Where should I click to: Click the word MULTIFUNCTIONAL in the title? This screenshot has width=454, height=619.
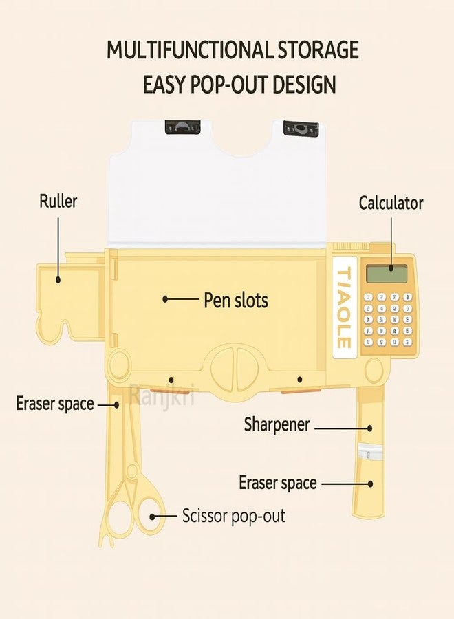pyautogui.click(x=190, y=50)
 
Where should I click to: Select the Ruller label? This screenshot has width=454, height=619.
pyautogui.click(x=58, y=201)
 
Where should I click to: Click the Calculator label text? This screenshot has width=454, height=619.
pyautogui.click(x=391, y=203)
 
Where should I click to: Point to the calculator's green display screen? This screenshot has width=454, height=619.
pyautogui.click(x=387, y=274)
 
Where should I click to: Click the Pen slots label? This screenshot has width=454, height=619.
pyautogui.click(x=236, y=300)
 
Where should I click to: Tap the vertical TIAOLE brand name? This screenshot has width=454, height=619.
pyautogui.click(x=343, y=307)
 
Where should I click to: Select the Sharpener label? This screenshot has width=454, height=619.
pyautogui.click(x=277, y=425)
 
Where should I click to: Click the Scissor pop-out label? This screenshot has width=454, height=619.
pyautogui.click(x=234, y=516)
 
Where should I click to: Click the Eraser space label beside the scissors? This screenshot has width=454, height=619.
pyautogui.click(x=55, y=404)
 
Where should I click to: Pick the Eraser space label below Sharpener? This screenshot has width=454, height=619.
pyautogui.click(x=278, y=483)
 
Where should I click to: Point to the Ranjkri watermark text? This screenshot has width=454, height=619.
pyautogui.click(x=162, y=395)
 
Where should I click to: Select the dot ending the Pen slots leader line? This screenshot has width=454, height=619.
pyautogui.click(x=165, y=299)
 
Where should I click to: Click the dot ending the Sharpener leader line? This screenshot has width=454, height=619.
pyautogui.click(x=370, y=428)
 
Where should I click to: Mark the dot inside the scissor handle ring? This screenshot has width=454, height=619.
pyautogui.click(x=152, y=517)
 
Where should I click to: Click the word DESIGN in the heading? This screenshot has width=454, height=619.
pyautogui.click(x=304, y=85)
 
